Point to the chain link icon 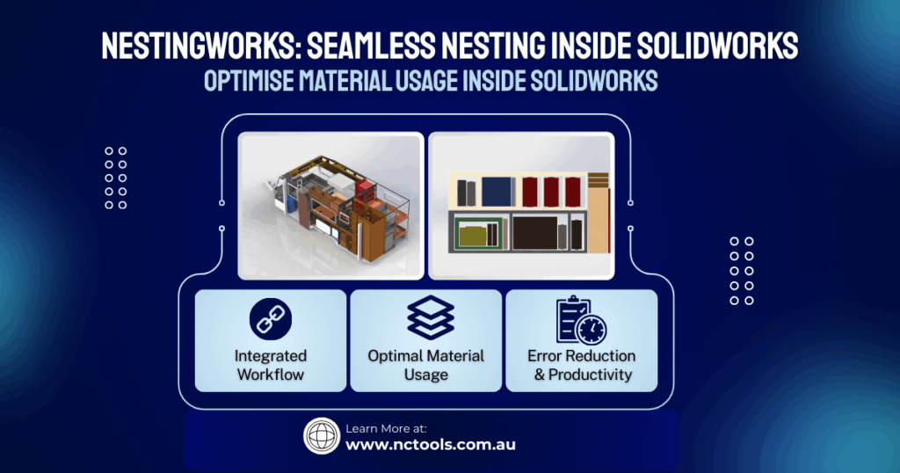pos(271,320)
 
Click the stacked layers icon pos(430,317)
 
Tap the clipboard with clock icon pos(581,319)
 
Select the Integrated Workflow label pos(270,365)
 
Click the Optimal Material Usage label pos(426,365)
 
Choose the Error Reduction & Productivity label pos(581,365)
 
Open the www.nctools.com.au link pos(430,445)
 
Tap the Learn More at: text pos(386,428)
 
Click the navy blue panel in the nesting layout pos(498,191)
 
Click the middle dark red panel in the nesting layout pos(551,191)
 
